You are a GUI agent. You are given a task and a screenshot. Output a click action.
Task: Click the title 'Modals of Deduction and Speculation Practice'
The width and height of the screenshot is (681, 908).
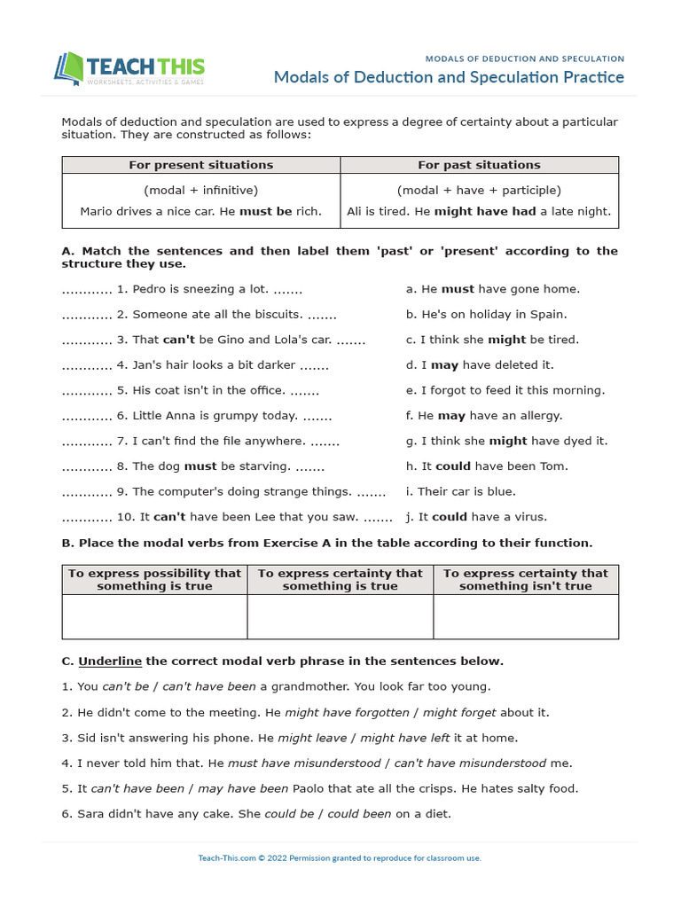(x=449, y=77)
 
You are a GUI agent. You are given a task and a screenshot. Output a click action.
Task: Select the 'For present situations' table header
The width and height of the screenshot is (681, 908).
(x=201, y=165)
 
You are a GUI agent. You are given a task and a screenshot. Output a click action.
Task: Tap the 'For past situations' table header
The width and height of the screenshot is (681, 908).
(x=479, y=165)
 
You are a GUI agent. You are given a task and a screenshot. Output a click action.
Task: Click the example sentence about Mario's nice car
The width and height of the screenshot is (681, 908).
(x=201, y=211)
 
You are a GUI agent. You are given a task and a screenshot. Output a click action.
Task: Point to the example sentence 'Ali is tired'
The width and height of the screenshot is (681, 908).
(x=479, y=211)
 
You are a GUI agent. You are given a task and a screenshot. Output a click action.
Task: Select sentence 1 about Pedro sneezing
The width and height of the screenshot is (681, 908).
(x=217, y=289)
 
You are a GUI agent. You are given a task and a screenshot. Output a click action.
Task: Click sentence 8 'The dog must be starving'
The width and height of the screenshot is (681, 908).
(x=228, y=466)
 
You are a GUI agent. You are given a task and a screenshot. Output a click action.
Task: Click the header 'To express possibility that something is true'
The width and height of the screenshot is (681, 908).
(x=154, y=580)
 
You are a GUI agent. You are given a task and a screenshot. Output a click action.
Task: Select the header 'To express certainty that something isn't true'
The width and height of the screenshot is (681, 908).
(x=526, y=580)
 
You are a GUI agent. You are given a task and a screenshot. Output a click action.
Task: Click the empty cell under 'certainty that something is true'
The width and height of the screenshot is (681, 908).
(x=340, y=616)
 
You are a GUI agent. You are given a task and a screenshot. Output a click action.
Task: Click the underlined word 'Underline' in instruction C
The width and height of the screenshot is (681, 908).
(x=110, y=661)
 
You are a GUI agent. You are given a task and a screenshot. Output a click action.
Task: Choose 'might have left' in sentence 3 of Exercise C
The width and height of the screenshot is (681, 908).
(x=395, y=738)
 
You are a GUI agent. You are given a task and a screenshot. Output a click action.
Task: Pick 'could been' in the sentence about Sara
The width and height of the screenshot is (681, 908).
(x=359, y=813)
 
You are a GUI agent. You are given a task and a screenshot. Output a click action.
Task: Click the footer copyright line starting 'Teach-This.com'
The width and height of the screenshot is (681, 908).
(x=340, y=858)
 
